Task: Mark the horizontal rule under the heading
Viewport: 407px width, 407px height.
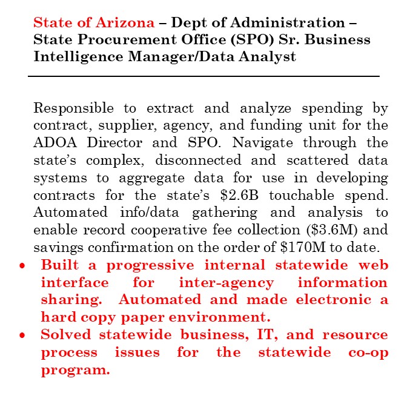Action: [x=203, y=76]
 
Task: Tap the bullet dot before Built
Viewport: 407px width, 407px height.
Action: [x=22, y=266]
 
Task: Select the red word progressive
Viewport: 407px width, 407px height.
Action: [x=146, y=265]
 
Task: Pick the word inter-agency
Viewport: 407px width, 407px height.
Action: [x=226, y=283]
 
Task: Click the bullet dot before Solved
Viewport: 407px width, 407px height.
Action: [x=22, y=335]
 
